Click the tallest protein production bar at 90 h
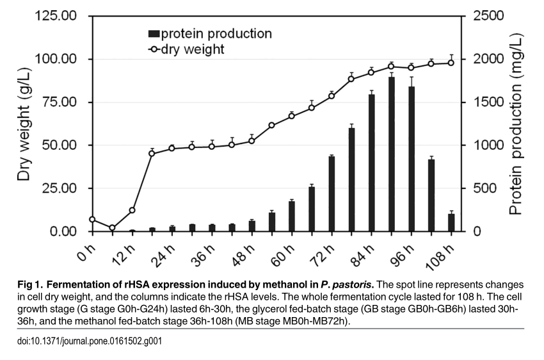(391, 154)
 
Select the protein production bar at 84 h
(371, 163)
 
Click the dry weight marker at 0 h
(92, 219)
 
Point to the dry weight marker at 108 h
(451, 62)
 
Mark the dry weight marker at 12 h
(132, 210)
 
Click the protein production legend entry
(210, 33)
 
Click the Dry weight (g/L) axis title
(24, 123)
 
